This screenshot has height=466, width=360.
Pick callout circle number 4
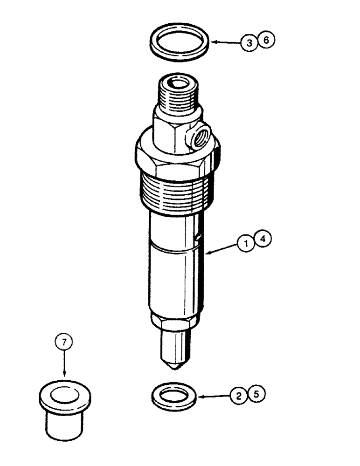263,240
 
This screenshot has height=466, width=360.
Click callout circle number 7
65,343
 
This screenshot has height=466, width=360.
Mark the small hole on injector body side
199,239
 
